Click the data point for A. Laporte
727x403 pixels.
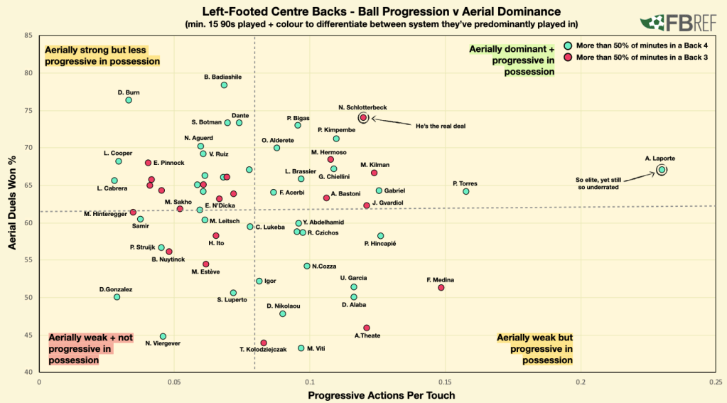[662, 170]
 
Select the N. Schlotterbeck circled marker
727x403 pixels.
[363, 118]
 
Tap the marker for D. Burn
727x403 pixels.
[129, 100]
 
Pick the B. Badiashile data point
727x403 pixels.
[224, 85]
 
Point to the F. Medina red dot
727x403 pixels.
[441, 288]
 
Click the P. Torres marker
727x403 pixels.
[466, 192]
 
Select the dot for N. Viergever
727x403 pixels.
[163, 336]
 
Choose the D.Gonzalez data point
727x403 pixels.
[117, 297]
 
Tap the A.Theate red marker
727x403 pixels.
[367, 328]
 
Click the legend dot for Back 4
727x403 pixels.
[569, 45]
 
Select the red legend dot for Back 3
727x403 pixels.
[569, 57]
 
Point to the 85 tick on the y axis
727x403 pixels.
[28, 36]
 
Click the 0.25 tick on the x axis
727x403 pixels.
[716, 382]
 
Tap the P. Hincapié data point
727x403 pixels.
[381, 236]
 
